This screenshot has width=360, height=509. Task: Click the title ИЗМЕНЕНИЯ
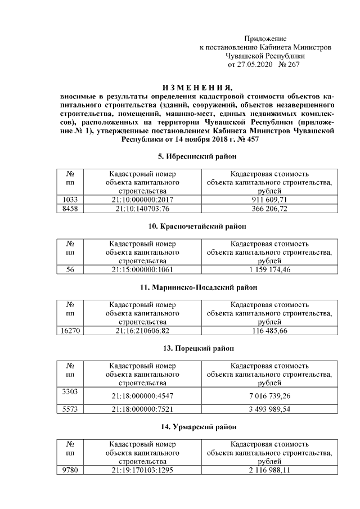197,87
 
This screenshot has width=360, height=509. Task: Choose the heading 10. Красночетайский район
197,226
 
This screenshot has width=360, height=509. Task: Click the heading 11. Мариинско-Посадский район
197,287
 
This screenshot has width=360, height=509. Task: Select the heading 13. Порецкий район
197,349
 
